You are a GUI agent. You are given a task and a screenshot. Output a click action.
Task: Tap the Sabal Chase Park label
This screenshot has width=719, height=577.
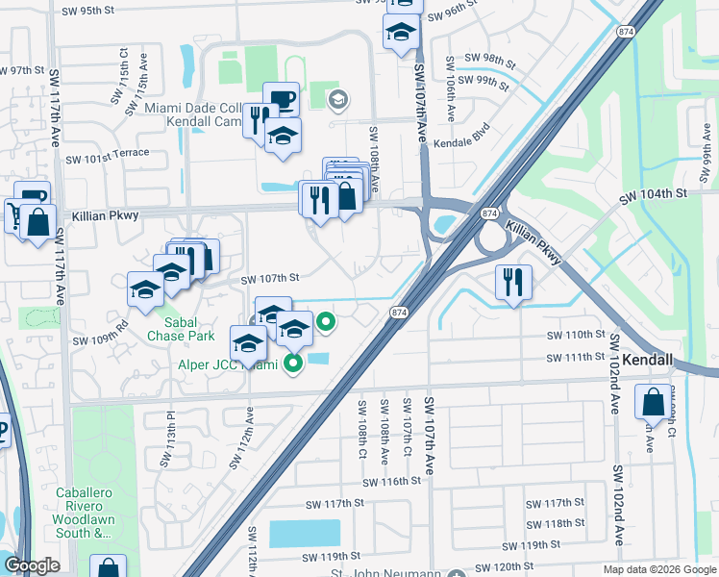[181, 329]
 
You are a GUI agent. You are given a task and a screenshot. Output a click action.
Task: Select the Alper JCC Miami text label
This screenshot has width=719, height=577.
[226, 364]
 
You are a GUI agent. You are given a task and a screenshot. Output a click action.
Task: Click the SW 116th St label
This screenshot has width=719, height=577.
[392, 482]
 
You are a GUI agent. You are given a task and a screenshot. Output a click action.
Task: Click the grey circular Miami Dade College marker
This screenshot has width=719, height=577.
[337, 99]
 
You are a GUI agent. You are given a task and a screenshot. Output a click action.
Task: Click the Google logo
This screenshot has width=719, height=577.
[33, 565]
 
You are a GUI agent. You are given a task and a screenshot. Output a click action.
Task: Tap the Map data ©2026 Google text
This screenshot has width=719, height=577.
[658, 569]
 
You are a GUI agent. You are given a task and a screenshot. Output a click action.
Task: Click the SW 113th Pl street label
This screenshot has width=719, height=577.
[167, 441]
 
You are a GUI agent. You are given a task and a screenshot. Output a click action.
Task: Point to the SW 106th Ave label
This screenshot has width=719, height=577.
[450, 88]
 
